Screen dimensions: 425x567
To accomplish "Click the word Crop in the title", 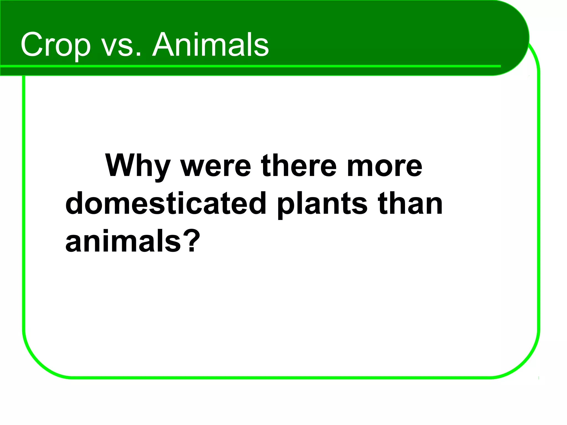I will coord(55,45).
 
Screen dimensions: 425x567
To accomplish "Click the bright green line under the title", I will coord(249,66).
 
